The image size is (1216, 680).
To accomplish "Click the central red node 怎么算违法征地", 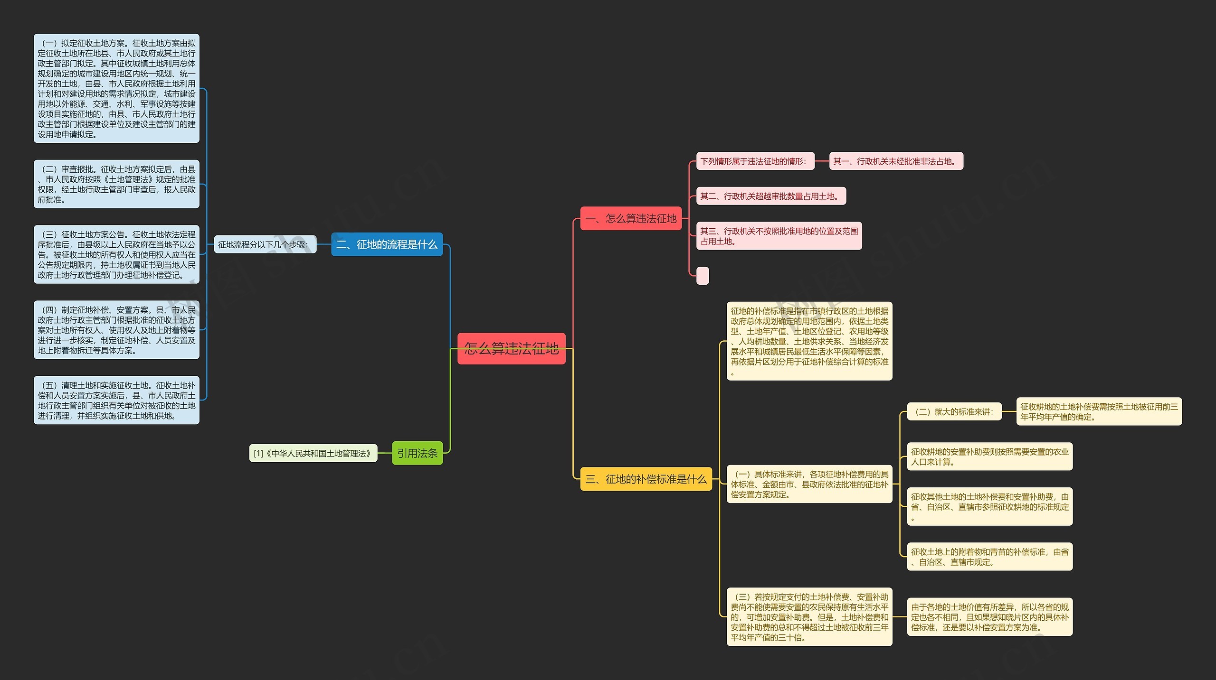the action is (511, 349).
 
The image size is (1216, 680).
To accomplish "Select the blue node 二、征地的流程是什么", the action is (387, 244).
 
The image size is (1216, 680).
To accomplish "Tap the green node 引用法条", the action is (417, 453).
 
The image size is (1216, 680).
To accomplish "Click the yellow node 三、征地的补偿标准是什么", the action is (646, 479).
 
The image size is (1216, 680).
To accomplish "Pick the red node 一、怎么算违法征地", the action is (631, 219).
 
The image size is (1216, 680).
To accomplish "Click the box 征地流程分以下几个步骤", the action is (265, 245).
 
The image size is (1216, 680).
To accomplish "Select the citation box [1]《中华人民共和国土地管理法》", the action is (313, 453).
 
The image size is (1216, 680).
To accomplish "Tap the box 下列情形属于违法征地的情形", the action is (755, 161).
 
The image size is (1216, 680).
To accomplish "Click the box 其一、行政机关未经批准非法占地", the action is (896, 161).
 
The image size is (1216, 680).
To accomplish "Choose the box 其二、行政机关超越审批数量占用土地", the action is (771, 196).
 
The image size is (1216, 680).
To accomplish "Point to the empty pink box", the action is (703, 276).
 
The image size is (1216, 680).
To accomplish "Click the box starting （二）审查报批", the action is (116, 184).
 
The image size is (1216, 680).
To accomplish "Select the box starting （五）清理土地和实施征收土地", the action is (116, 401).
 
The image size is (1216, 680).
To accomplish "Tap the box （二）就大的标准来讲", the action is (954, 412).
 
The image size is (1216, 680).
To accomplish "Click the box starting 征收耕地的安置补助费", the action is (989, 456).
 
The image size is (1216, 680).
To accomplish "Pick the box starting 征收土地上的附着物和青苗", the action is (989, 557).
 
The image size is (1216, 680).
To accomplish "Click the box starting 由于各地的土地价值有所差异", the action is (989, 617).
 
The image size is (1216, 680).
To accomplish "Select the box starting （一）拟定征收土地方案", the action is (116, 88).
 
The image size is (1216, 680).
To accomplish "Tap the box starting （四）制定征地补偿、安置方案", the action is (116, 330).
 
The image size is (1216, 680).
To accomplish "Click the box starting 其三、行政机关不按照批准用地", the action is (779, 236).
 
